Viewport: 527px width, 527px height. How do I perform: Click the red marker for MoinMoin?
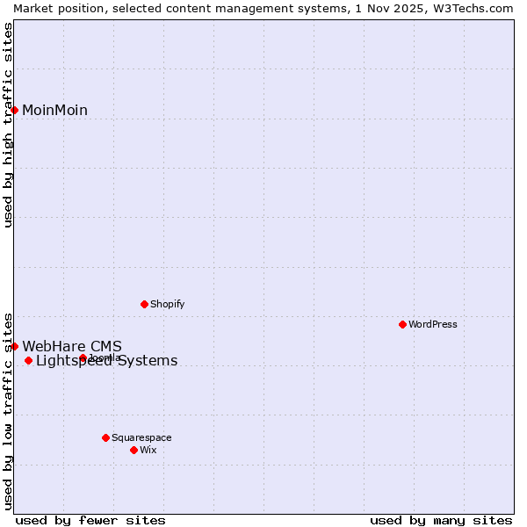coord(15,110)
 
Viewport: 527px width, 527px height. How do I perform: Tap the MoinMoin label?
coord(54,110)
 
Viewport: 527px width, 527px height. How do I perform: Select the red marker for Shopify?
coord(144,304)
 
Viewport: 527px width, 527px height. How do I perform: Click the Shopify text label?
coord(167,304)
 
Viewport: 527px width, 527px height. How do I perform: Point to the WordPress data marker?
coord(402,324)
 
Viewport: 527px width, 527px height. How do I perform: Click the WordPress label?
coord(432,324)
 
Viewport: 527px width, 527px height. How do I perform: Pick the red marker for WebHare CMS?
coord(15,346)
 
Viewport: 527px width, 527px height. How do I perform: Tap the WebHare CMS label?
coord(72,346)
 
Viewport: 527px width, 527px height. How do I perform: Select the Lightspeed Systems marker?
coord(28,360)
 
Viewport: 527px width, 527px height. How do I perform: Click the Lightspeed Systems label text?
coord(106,361)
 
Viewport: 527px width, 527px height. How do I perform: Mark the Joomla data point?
coord(83,357)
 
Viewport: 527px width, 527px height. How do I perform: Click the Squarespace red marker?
coord(105,437)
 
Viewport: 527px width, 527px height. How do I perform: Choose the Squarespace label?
coord(141,437)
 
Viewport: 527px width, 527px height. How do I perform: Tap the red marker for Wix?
coord(134,450)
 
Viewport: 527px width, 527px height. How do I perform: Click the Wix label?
coord(148,450)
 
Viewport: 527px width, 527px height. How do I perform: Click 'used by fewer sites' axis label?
coord(90,520)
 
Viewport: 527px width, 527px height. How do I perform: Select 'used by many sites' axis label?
coord(441,520)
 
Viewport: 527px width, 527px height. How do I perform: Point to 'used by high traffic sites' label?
coord(8,125)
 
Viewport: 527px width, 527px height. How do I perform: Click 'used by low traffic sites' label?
coord(8,410)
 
